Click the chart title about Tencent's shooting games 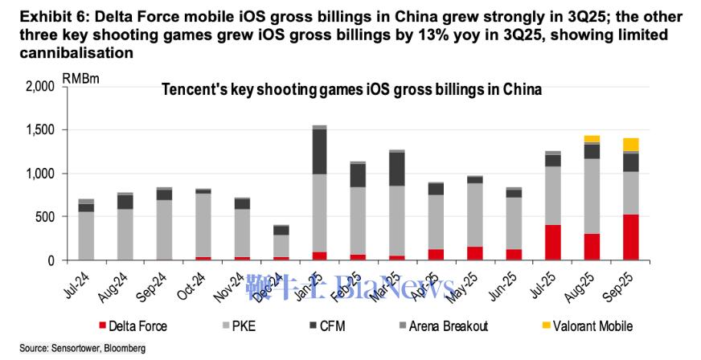click(351, 89)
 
